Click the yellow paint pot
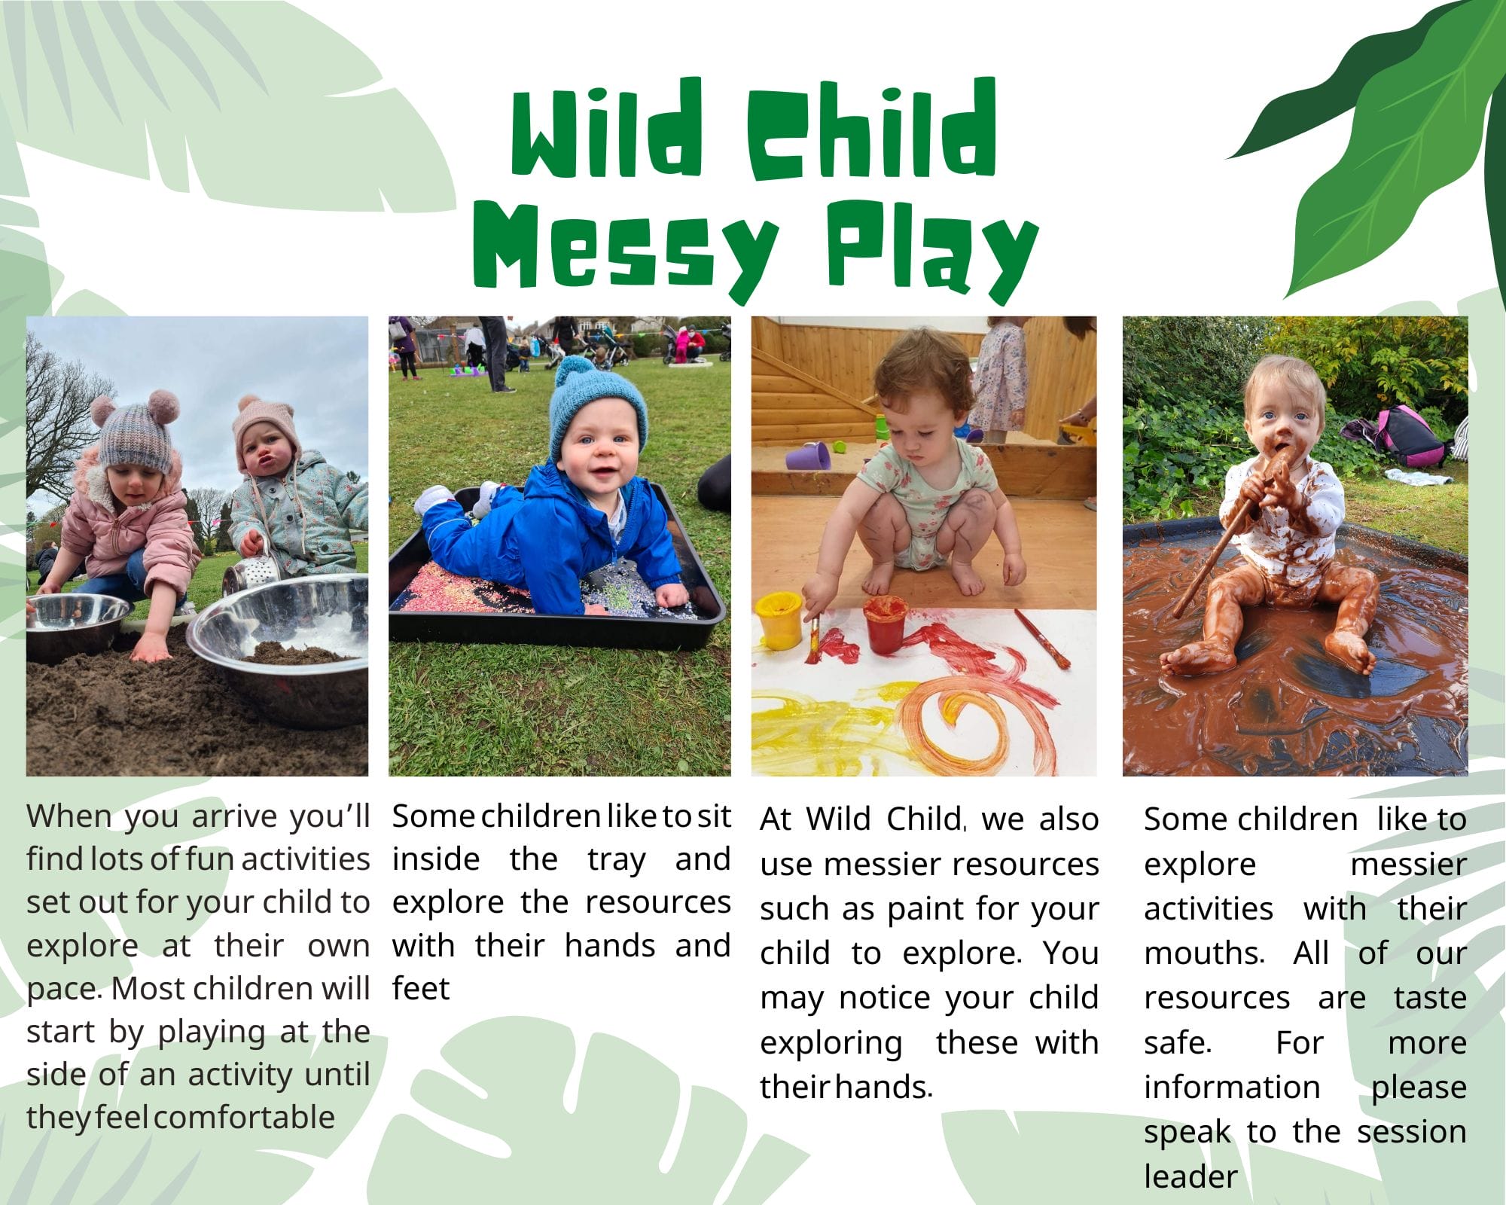tap(779, 619)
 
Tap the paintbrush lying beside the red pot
tap(1041, 639)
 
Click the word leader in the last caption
tap(1190, 1176)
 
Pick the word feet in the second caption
tap(421, 988)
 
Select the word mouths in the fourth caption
tap(1203, 953)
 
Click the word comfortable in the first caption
tap(244, 1117)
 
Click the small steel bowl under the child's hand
tap(75, 625)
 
